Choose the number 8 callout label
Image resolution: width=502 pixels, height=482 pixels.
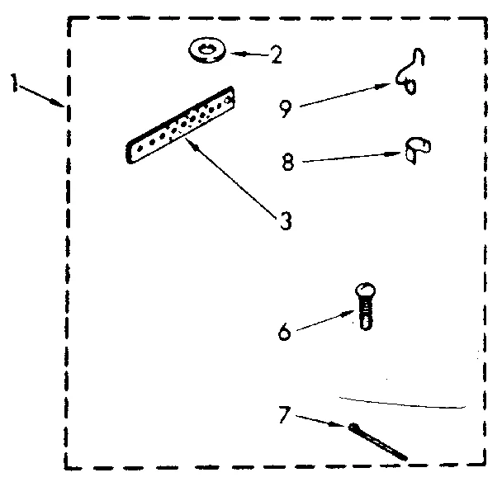(x=287, y=163)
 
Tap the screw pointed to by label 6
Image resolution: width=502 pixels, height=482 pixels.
(x=364, y=307)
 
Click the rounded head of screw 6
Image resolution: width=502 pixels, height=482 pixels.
(x=364, y=291)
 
